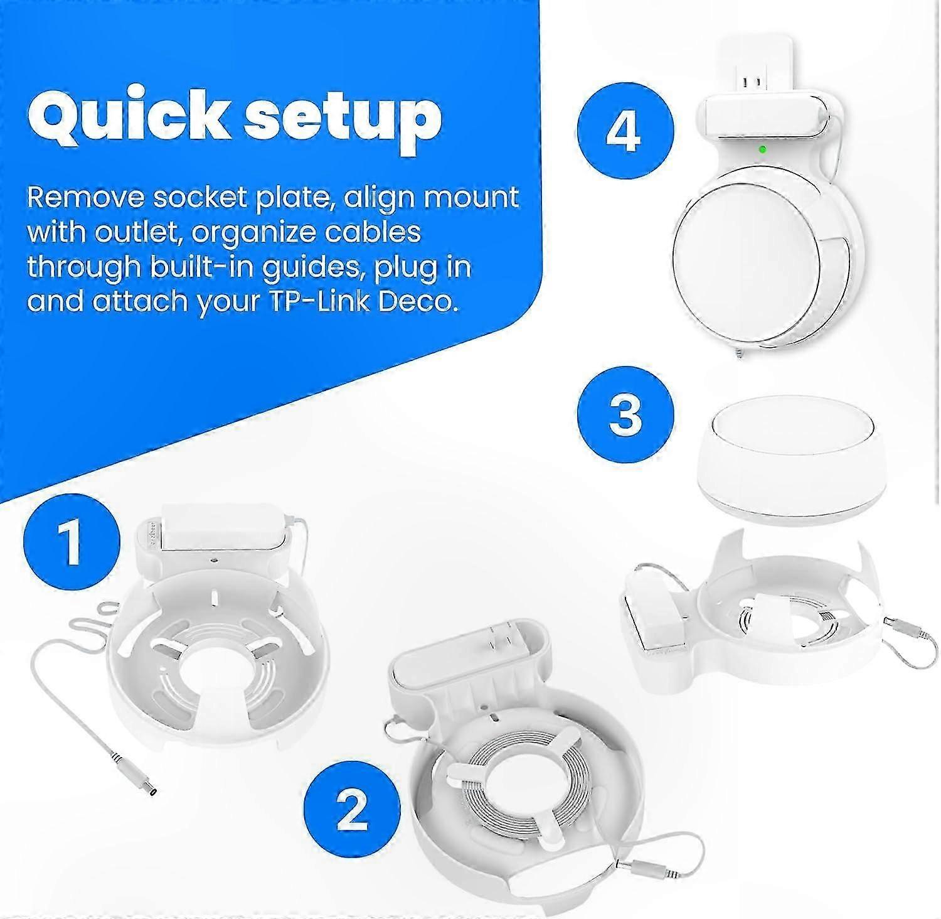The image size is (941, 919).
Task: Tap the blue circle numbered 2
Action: (x=352, y=809)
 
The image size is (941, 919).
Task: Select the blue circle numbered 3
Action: (x=625, y=415)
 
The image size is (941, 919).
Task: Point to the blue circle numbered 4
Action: (x=625, y=131)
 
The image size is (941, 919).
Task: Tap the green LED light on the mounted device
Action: (x=762, y=149)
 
